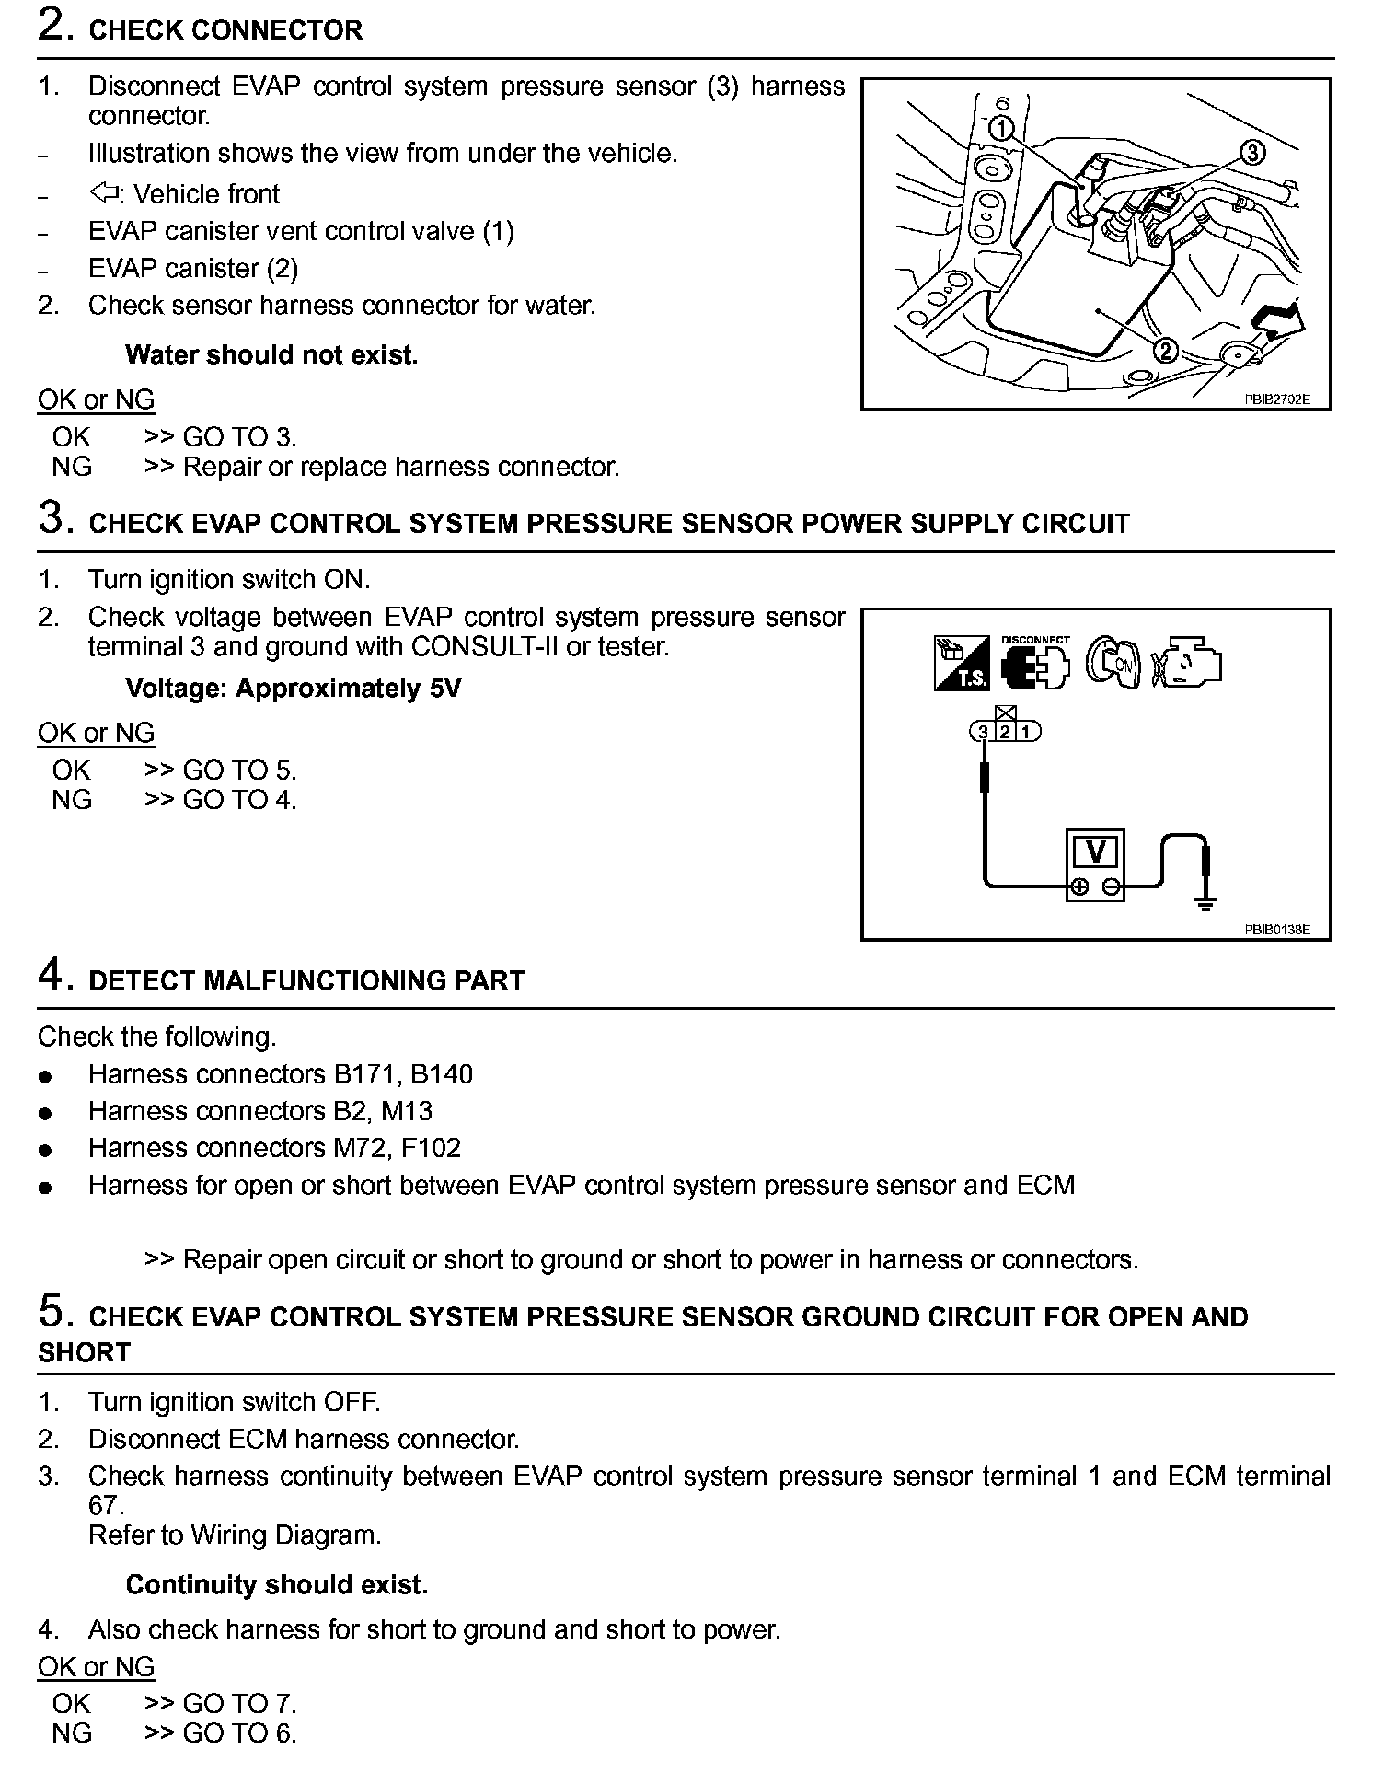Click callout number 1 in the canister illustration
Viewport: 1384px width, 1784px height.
1002,128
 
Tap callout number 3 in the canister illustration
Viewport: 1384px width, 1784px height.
1252,152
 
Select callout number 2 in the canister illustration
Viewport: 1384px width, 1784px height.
1165,351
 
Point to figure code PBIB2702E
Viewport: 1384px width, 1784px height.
1276,400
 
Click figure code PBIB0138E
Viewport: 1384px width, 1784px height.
1276,930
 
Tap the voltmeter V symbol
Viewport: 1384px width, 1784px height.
1095,852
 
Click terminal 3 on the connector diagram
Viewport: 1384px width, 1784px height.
984,733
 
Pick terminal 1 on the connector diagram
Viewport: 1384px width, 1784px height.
1028,733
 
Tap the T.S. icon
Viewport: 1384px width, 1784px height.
962,663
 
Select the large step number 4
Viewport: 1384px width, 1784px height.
52,974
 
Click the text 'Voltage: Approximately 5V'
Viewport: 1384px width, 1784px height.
293,689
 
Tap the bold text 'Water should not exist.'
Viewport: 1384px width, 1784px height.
271,355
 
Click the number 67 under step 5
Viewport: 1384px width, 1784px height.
105,1506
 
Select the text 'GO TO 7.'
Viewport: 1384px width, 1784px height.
239,1704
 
